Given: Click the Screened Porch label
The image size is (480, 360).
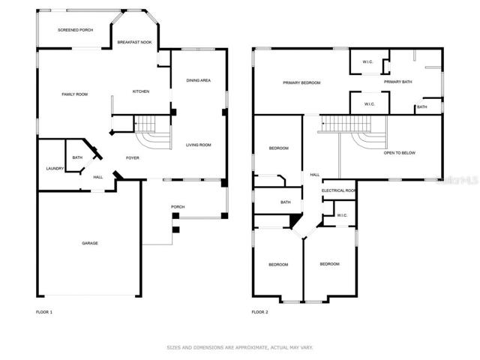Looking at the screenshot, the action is (x=75, y=30).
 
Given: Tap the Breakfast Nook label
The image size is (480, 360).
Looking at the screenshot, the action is (x=134, y=42).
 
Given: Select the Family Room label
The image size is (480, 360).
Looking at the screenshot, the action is (x=75, y=94).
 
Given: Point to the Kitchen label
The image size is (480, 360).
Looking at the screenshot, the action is (x=141, y=91).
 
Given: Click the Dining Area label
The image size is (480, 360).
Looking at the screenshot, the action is (x=198, y=80).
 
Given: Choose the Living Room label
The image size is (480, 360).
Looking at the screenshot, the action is (x=198, y=145).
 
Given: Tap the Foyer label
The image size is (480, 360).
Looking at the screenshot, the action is (x=133, y=158).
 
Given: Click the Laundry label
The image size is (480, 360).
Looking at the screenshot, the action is (x=55, y=169).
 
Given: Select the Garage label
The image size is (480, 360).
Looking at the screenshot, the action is (x=90, y=243).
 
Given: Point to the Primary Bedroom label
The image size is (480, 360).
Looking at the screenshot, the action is (x=301, y=83).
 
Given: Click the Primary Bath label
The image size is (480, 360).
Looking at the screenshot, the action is (x=398, y=82).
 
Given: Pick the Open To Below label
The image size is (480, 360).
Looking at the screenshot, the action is (x=400, y=153).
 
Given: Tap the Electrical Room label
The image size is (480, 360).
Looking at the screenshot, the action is (x=338, y=190).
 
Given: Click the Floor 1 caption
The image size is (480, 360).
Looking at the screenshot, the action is (x=44, y=312).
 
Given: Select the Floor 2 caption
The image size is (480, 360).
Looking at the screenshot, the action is (x=259, y=312).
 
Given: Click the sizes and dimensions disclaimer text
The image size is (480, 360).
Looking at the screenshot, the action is (x=240, y=347).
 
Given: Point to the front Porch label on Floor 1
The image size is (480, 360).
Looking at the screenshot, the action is (x=178, y=207).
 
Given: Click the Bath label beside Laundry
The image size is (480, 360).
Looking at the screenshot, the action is (x=77, y=157).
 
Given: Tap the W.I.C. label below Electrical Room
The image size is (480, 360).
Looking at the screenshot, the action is (x=342, y=215).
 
